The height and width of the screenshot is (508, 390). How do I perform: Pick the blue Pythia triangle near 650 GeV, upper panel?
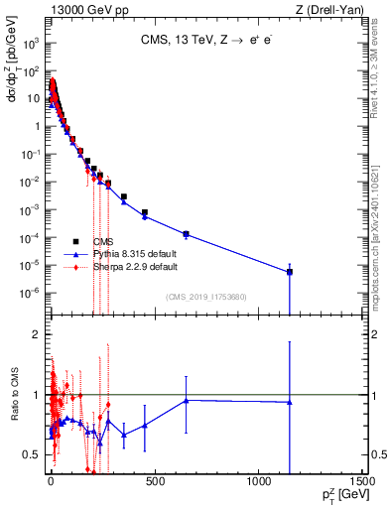coord(186,234)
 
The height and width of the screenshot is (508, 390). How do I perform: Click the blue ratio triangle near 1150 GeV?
coord(290,402)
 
